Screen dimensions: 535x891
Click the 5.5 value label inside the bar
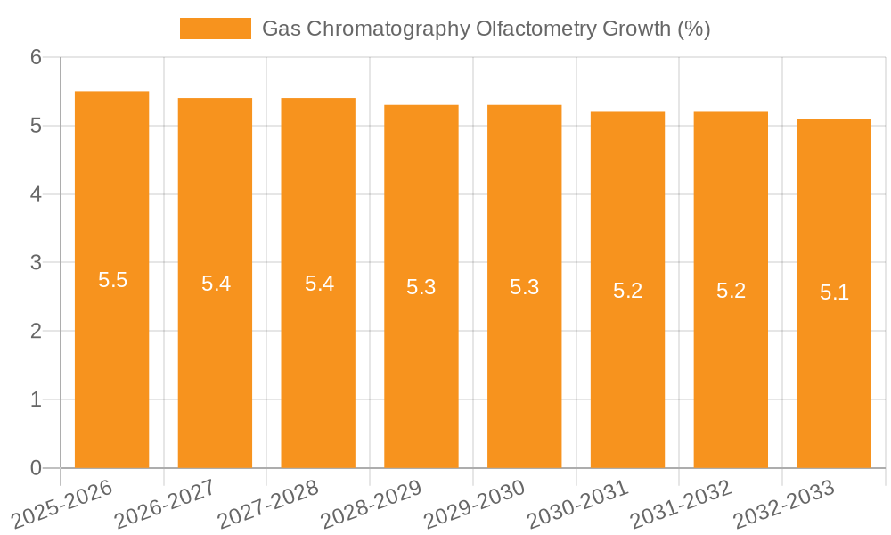(x=112, y=280)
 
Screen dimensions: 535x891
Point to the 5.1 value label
(x=834, y=292)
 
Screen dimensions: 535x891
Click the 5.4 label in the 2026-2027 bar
(x=216, y=284)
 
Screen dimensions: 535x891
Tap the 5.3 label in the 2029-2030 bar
(x=524, y=287)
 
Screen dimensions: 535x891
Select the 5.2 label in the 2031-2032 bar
(x=731, y=291)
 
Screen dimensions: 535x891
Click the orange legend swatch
(x=216, y=29)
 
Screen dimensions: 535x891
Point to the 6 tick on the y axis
(x=37, y=57)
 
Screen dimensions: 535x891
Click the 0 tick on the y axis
(x=37, y=468)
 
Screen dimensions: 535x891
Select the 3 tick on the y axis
(x=37, y=263)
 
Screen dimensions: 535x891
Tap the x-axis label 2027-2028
(x=268, y=505)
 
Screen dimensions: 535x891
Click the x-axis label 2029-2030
(x=475, y=505)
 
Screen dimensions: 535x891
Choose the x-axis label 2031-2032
(x=681, y=505)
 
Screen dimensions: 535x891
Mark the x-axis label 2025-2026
(x=62, y=505)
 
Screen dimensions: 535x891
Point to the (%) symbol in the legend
(x=693, y=29)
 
